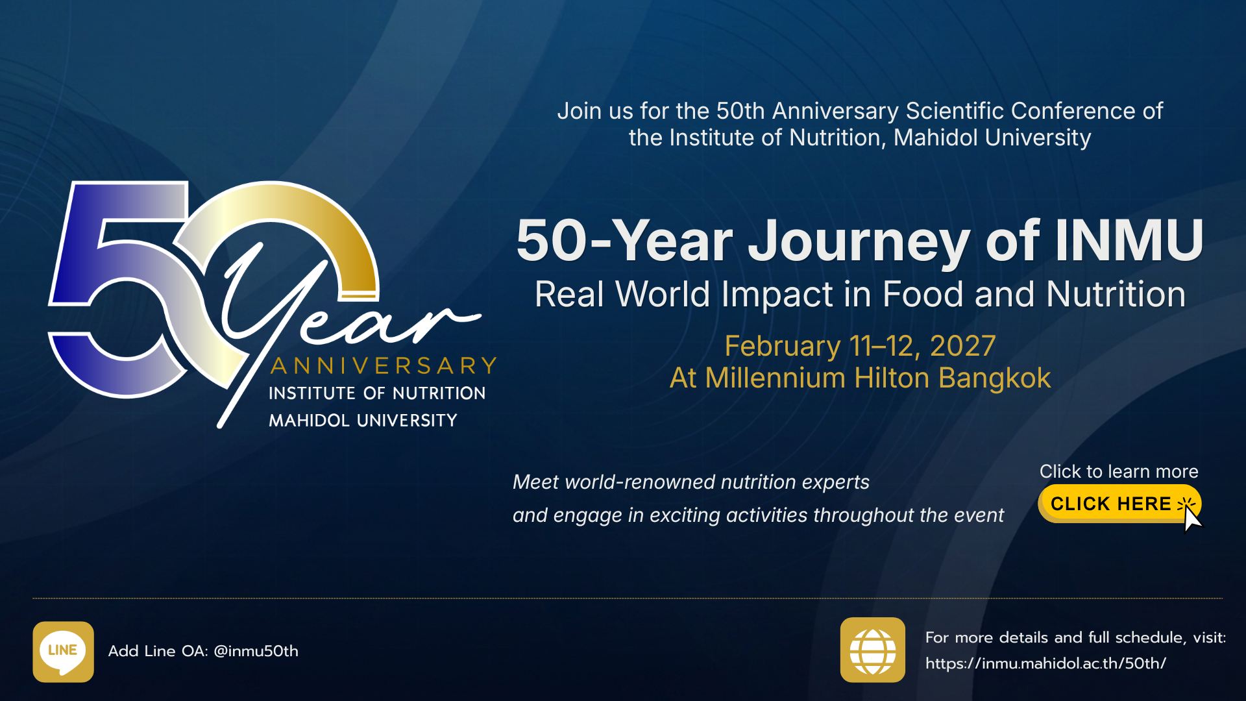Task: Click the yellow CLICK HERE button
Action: click(x=1119, y=504)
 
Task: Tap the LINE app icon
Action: click(x=63, y=652)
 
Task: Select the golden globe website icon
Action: click(x=873, y=650)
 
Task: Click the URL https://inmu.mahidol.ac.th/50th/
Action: click(x=1045, y=663)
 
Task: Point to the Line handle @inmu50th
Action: click(x=256, y=651)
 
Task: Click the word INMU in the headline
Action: click(x=1129, y=240)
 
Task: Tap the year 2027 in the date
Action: click(x=963, y=346)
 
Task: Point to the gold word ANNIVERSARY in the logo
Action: click(x=384, y=366)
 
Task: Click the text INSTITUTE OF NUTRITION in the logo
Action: click(x=377, y=393)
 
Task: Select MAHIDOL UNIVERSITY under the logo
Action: click(x=363, y=421)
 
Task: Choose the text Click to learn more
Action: click(x=1119, y=471)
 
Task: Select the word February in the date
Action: click(x=783, y=347)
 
